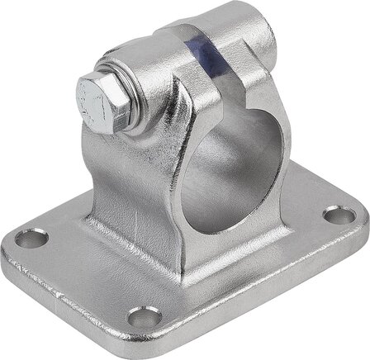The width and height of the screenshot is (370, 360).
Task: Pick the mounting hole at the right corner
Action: point(333,216)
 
